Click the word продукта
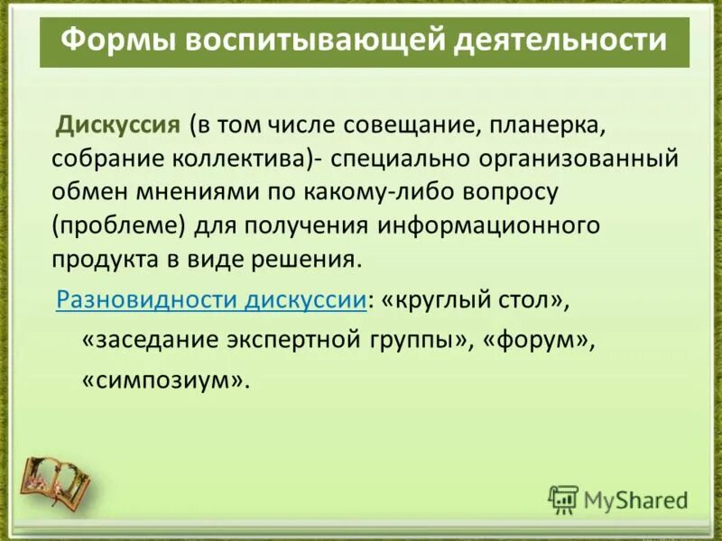[x=101, y=260]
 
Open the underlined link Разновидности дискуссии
[x=211, y=300]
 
